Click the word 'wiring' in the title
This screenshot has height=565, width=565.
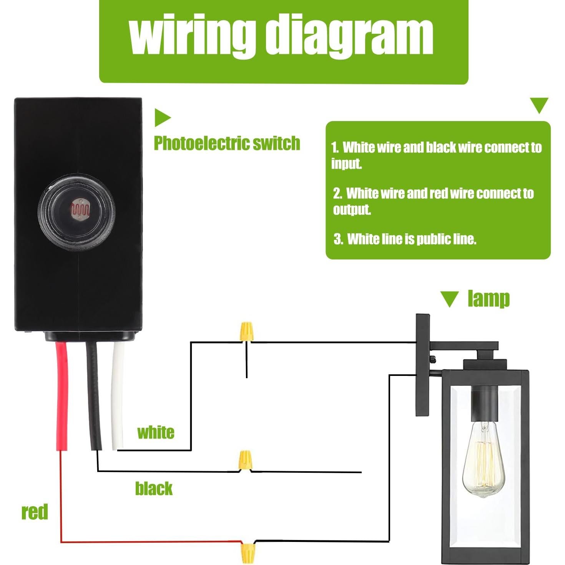[192, 35]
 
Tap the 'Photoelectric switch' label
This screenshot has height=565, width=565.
[227, 143]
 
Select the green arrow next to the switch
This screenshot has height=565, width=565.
[162, 118]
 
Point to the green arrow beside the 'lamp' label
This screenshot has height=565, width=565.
[449, 299]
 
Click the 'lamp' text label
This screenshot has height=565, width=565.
[489, 299]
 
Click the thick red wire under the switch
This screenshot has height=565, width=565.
[62, 396]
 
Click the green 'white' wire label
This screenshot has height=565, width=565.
[156, 433]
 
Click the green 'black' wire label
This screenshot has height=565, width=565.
[154, 489]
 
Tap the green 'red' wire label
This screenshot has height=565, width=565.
[35, 512]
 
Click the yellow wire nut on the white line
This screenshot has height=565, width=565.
[246, 331]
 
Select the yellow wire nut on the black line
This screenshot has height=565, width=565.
[245, 460]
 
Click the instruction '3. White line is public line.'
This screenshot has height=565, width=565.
[405, 239]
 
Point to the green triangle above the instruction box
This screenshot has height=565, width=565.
[539, 105]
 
